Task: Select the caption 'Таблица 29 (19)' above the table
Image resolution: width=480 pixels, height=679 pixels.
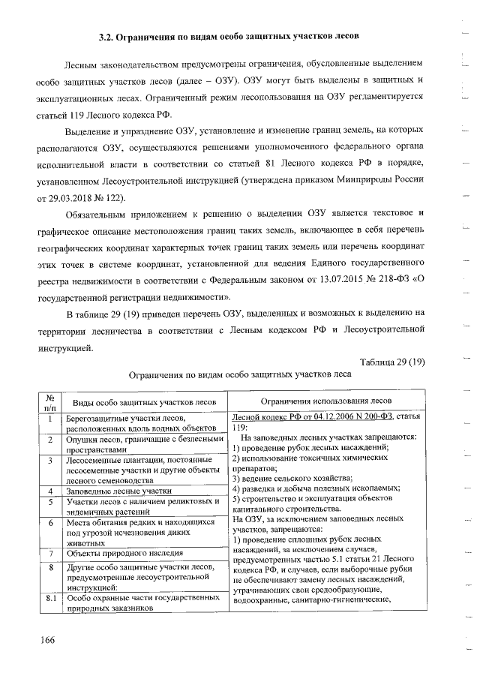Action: pyautogui.click(x=392, y=362)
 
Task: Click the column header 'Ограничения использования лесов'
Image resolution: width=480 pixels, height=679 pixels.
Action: pyautogui.click(x=328, y=401)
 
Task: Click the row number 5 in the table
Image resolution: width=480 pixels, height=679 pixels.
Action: pyautogui.click(x=49, y=501)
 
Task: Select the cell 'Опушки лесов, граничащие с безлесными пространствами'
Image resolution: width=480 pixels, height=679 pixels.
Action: pyautogui.click(x=145, y=443)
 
